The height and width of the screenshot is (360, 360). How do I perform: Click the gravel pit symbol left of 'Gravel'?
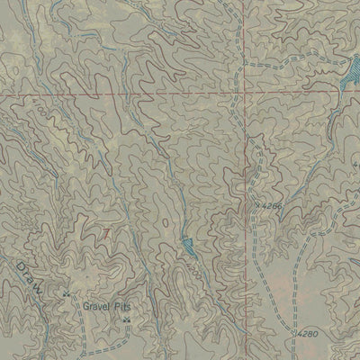point(66,294)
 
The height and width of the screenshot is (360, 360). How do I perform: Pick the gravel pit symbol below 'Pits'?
point(126,319)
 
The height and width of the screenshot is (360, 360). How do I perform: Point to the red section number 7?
point(108,232)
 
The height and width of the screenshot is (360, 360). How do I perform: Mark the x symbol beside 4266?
point(256,205)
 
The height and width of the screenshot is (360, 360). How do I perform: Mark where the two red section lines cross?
point(243,92)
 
